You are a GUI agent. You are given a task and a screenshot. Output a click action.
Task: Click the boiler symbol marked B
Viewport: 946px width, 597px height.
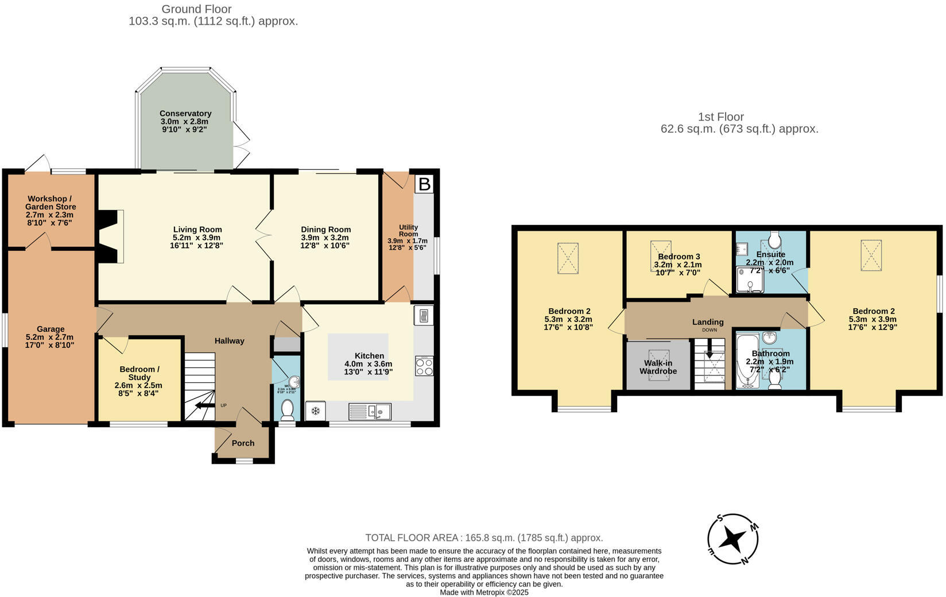click(424, 184)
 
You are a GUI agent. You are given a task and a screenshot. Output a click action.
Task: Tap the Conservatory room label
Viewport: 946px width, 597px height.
click(185, 114)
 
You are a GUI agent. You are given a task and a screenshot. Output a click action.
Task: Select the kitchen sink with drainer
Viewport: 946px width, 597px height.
click(370, 411)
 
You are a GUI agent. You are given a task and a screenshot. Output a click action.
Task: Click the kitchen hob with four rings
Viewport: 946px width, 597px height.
click(424, 366)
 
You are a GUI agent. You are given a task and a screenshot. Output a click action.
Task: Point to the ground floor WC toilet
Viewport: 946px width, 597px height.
click(287, 410)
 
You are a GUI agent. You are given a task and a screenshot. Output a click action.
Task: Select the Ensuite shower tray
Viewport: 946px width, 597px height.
click(750, 280)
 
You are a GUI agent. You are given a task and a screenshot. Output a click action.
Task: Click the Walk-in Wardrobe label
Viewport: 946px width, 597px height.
click(658, 367)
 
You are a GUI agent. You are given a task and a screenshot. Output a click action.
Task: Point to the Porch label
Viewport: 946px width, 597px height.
click(243, 443)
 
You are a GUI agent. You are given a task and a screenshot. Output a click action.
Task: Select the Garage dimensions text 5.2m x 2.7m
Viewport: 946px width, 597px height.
click(50, 338)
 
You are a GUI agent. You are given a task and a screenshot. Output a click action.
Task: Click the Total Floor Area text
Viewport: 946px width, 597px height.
click(484, 538)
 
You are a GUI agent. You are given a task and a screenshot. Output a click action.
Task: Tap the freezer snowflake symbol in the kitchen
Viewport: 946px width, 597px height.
click(315, 411)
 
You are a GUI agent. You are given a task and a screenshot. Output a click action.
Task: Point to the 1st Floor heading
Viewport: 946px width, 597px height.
click(721, 117)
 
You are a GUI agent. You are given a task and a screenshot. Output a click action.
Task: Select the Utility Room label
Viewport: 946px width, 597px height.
click(408, 231)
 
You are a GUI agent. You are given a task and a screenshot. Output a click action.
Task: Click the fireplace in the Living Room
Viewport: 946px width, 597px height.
click(110, 236)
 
